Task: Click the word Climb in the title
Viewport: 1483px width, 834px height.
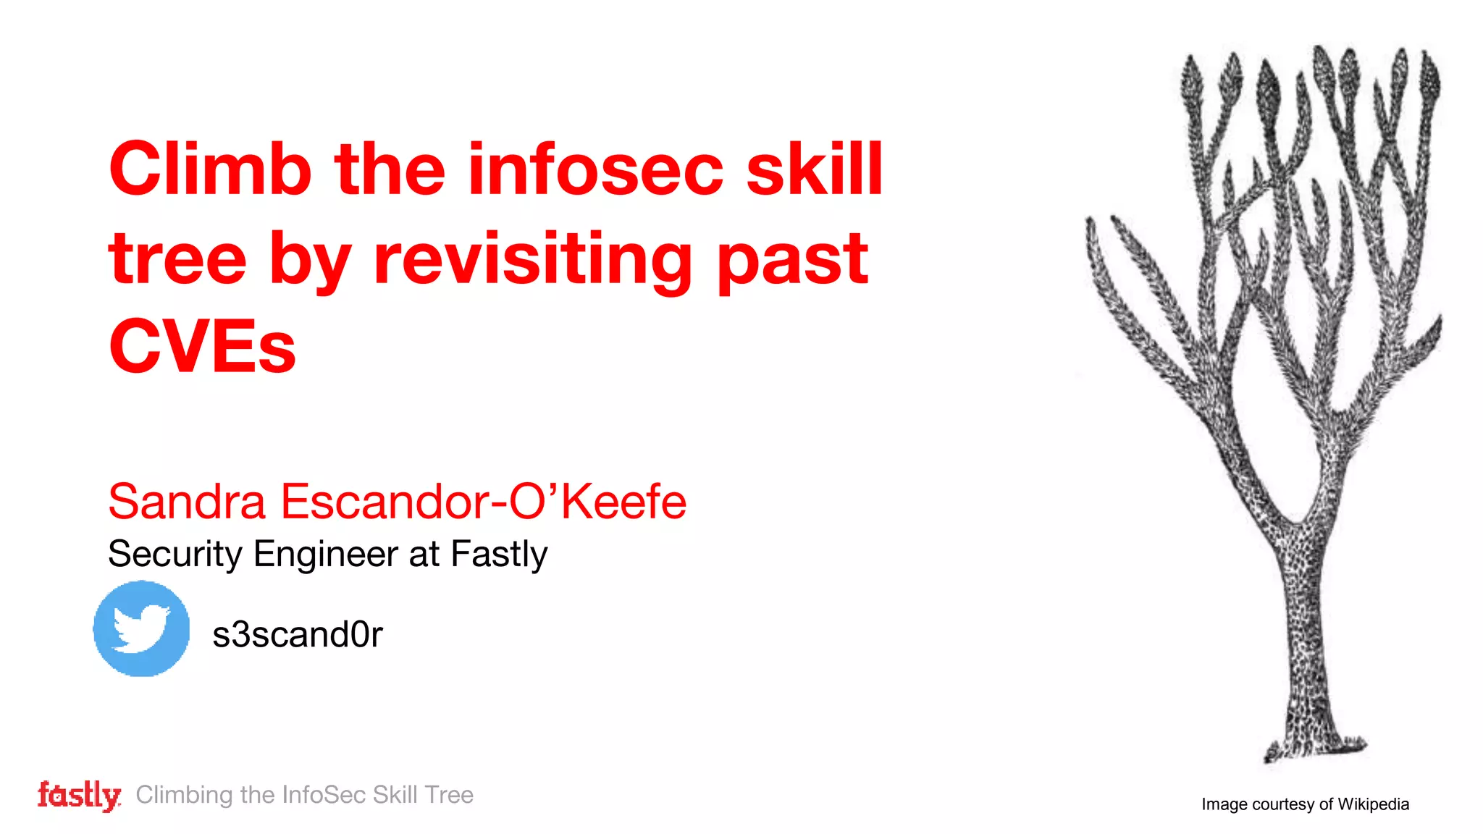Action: [210, 169]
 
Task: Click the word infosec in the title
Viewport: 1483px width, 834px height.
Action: [595, 169]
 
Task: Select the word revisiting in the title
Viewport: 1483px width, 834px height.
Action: [533, 258]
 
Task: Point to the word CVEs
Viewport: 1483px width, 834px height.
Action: [202, 347]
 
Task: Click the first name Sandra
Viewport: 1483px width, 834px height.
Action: [187, 501]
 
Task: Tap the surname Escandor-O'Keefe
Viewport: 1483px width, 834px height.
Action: [483, 501]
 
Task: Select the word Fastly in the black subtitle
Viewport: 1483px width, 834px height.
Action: [499, 555]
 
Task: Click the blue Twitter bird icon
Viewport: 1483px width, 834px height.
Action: [142, 628]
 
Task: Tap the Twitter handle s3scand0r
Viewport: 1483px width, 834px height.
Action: [297, 634]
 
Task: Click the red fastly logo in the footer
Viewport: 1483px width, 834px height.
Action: [79, 795]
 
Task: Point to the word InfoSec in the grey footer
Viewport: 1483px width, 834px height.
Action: [324, 795]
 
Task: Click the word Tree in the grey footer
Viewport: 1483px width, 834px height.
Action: [449, 795]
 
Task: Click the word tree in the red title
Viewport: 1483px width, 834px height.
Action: [177, 258]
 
